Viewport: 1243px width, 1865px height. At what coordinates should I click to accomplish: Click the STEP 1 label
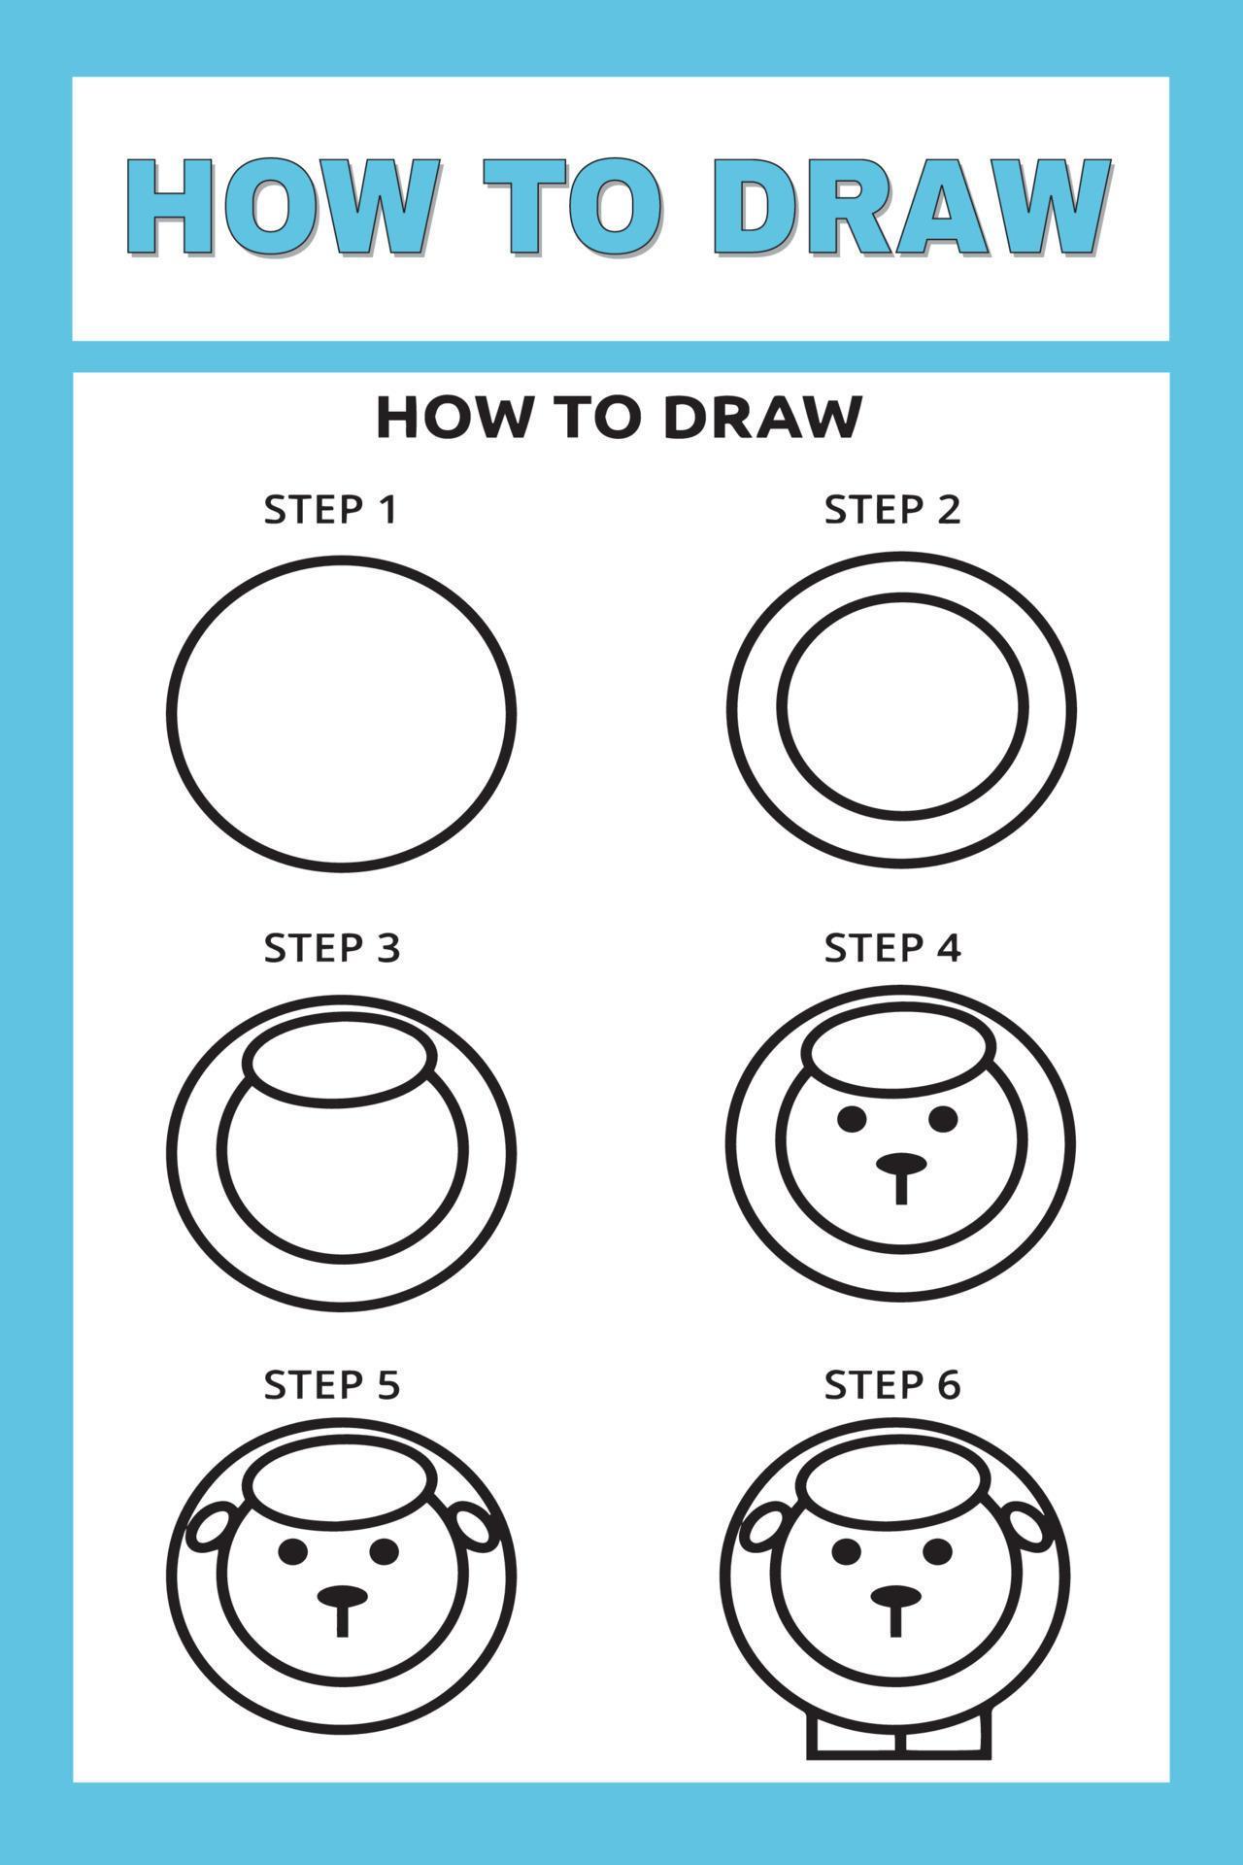(x=331, y=510)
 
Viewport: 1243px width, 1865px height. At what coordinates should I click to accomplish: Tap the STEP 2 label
(x=891, y=510)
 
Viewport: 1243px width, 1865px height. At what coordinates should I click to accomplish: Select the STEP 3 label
(x=331, y=948)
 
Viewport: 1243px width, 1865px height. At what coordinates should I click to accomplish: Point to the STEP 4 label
(x=891, y=948)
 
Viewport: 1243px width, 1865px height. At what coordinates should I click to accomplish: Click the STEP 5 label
(x=331, y=1385)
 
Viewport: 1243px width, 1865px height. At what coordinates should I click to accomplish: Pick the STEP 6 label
(x=891, y=1385)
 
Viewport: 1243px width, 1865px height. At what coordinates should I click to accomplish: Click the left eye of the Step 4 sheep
(x=852, y=1120)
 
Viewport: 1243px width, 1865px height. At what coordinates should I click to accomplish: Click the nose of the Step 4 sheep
(x=901, y=1163)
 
